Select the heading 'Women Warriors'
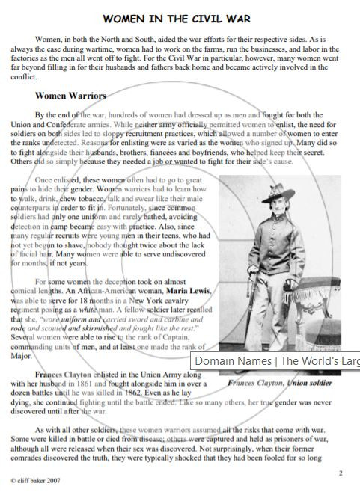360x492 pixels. (x=70, y=96)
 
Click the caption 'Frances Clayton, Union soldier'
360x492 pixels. (x=280, y=382)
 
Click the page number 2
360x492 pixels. (x=341, y=473)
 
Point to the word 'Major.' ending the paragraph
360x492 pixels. (x=23, y=357)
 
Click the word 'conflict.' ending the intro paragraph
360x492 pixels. (x=24, y=76)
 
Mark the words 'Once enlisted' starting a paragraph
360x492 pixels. (x=58, y=180)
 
